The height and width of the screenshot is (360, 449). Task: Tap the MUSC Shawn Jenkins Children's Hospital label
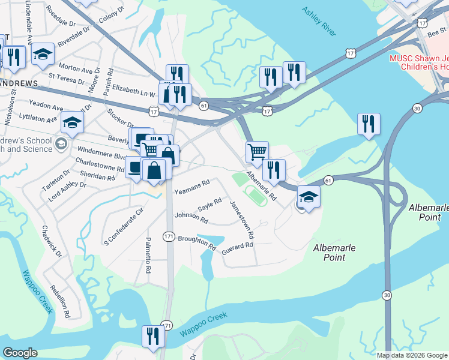point(418,62)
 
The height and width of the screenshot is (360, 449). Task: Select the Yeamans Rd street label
point(191,187)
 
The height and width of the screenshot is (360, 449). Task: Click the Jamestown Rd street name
point(243,218)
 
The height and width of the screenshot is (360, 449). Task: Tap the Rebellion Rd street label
point(60,300)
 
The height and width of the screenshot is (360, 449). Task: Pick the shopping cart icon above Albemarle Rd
point(257,151)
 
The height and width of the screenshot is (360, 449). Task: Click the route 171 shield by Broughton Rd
point(169,237)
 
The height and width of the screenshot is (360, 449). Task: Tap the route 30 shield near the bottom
point(387,295)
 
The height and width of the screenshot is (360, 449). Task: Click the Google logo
point(20,353)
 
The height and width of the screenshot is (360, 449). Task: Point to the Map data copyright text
point(411,355)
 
